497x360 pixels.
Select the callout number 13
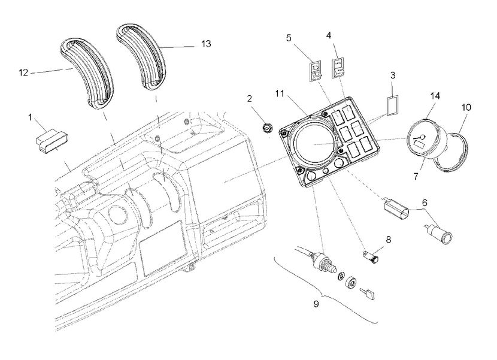(205, 44)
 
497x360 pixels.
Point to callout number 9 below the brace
(316, 304)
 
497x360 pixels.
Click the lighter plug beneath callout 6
(438, 232)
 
